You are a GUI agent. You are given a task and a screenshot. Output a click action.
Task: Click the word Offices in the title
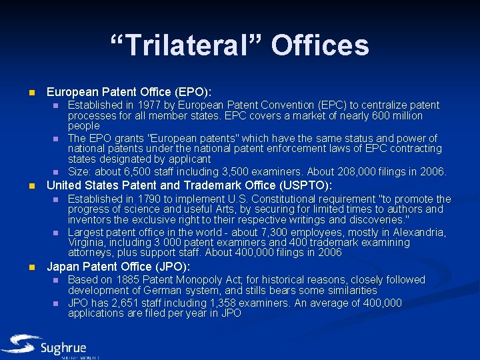pos(319,45)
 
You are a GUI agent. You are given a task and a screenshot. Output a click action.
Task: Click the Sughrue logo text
pos(64,348)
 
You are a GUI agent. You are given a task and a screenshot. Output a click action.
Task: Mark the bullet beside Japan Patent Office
pos(31,267)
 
